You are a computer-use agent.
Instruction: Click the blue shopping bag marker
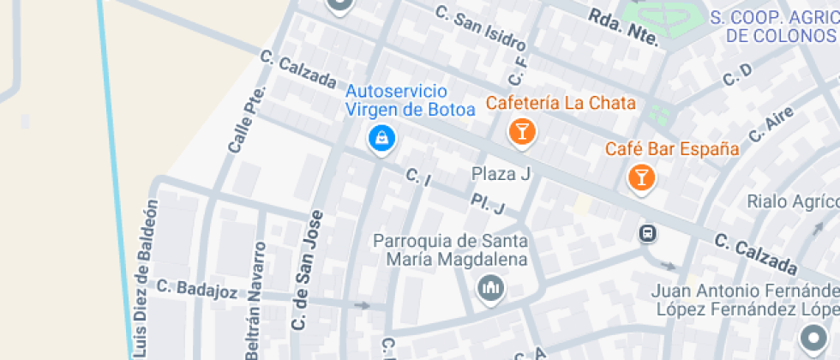380,137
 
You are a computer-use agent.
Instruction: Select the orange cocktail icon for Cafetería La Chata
520,131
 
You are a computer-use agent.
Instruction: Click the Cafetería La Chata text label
561,103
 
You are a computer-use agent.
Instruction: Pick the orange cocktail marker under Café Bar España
640,177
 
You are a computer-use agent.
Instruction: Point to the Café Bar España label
672,149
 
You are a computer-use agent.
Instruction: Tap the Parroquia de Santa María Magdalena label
450,249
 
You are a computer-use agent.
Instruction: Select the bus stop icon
648,233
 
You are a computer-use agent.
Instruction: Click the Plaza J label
501,174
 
